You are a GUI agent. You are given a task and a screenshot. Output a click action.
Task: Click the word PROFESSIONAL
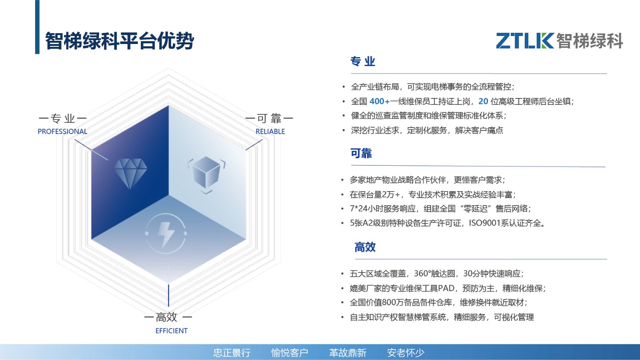62,132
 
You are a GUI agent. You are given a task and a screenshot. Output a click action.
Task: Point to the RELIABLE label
270,132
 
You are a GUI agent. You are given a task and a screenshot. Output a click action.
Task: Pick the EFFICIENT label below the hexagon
172,331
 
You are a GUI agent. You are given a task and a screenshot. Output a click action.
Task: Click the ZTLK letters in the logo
525,40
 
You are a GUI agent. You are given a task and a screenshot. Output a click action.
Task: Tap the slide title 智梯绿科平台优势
120,41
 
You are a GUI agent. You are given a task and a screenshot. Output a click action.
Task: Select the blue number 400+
380,102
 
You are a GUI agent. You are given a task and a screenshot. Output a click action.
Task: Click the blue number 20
483,102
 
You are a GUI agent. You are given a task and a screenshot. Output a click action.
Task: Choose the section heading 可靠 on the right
361,154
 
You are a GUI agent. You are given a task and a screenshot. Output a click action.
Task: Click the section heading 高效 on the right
365,247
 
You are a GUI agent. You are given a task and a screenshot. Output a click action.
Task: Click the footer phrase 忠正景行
232,353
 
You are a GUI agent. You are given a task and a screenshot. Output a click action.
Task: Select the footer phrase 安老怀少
406,353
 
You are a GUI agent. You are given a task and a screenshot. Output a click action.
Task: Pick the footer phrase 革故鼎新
348,353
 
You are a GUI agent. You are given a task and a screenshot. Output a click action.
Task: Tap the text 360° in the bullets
422,274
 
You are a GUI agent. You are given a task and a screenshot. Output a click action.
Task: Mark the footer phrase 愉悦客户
290,353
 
